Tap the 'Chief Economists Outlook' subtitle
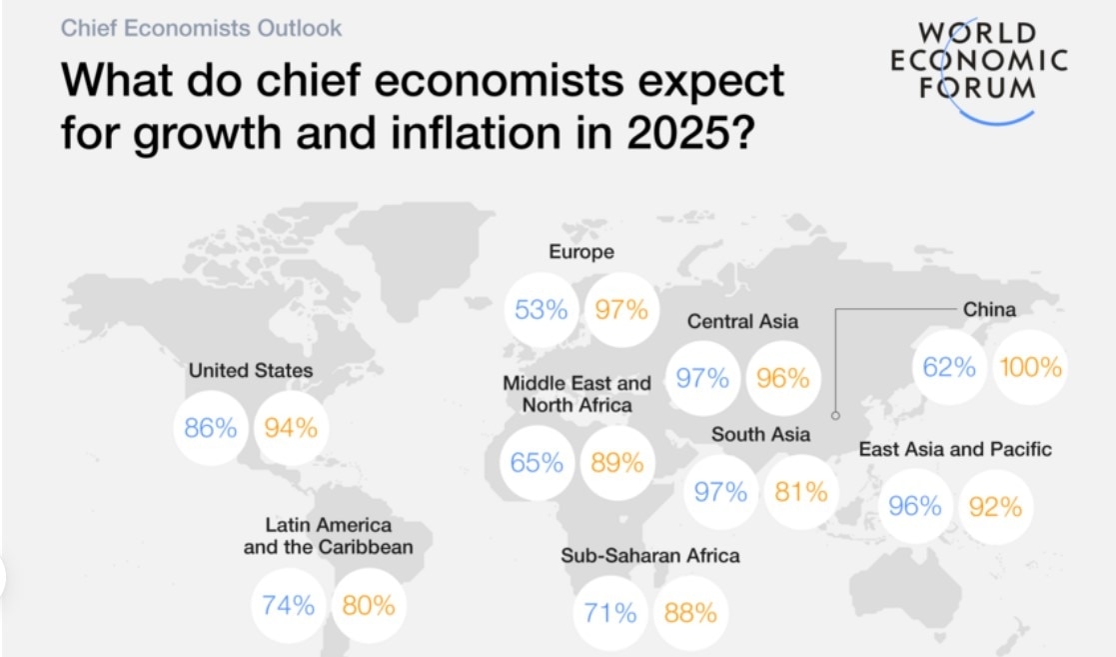[x=201, y=27]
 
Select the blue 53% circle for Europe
[x=541, y=310]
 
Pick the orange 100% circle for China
[x=1029, y=367]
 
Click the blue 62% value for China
[x=948, y=367]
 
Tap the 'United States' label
[x=251, y=371]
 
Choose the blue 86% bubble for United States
[x=211, y=428]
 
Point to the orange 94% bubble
[x=291, y=428]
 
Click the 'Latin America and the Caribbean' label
[x=328, y=536]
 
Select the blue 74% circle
[x=288, y=605]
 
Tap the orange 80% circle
[x=369, y=605]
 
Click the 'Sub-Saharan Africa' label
[x=650, y=555]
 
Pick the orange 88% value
[x=690, y=613]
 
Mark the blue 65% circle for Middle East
[x=537, y=463]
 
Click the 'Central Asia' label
[x=742, y=322]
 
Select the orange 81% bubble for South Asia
[x=800, y=492]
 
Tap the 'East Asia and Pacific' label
[x=955, y=449]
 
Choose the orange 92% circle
[x=996, y=507]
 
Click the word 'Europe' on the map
[x=581, y=252]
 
